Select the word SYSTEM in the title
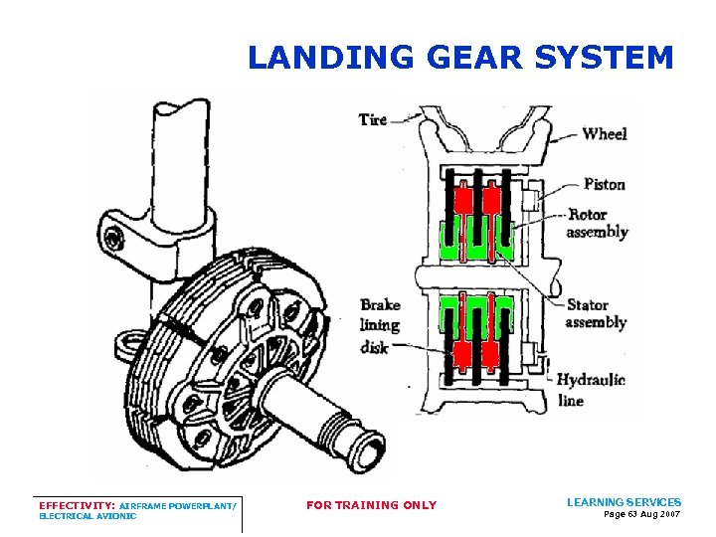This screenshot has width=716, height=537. [604, 58]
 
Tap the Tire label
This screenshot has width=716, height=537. [373, 120]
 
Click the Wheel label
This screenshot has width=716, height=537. [605, 133]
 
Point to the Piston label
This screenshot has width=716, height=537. [604, 184]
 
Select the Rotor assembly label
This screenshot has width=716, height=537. [597, 224]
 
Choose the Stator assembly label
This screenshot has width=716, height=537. [596, 313]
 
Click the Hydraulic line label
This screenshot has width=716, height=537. [591, 390]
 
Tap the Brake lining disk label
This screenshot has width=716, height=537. [380, 325]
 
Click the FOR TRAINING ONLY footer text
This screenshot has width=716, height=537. [371, 505]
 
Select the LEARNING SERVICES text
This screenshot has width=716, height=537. [624, 502]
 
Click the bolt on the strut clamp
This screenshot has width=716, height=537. [116, 238]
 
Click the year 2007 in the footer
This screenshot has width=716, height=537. [670, 514]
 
